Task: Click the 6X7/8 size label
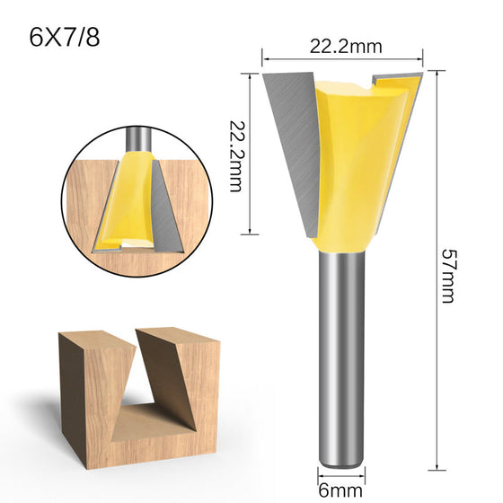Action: coord(64,38)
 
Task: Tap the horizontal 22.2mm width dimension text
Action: coord(346,47)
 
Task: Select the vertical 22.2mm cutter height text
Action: coord(235,156)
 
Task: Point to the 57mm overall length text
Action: coord(448,276)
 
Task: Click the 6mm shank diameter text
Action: coord(340,490)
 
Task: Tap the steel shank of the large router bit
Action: coord(341,358)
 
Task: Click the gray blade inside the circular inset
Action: coord(165,208)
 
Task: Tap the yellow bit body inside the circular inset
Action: coord(124,202)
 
